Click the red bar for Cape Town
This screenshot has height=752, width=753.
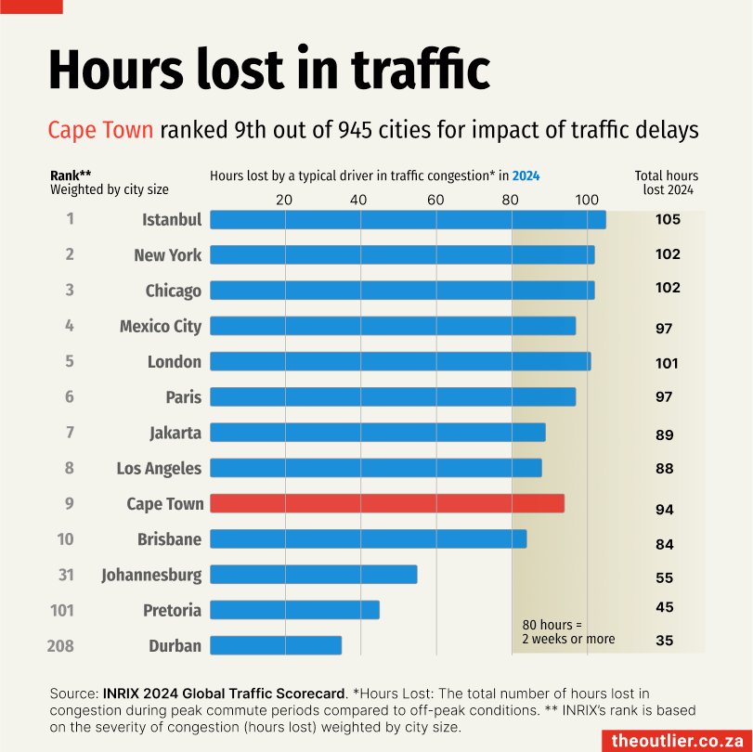click(387, 503)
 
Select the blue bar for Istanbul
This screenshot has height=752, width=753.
click(408, 219)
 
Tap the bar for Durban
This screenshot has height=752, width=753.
click(276, 645)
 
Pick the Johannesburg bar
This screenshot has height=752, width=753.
click(313, 575)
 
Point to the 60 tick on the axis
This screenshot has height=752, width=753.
click(435, 200)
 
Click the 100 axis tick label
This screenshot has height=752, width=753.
click(586, 200)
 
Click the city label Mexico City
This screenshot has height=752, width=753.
click(161, 326)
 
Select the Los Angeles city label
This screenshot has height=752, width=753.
click(159, 468)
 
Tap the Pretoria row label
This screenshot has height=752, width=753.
click(172, 610)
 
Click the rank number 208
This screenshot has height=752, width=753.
click(59, 645)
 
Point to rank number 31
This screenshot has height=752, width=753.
click(66, 575)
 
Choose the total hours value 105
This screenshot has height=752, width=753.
click(668, 220)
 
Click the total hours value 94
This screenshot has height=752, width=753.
click(664, 510)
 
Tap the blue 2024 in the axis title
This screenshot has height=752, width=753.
click(526, 175)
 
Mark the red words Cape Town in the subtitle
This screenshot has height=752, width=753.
click(100, 129)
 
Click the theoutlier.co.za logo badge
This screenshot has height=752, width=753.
click(674, 740)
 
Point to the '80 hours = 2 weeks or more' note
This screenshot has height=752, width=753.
click(568, 631)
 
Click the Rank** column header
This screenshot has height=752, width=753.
click(71, 175)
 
